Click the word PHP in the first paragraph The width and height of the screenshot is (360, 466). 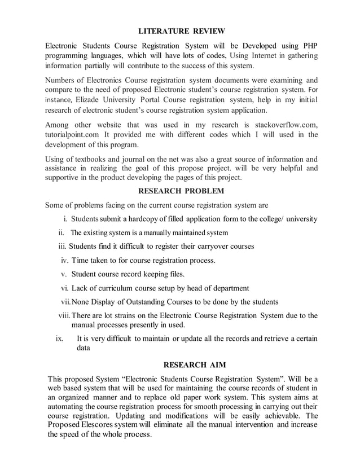pyautogui.click(x=309, y=45)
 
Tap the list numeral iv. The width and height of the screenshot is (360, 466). pyautogui.click(x=64, y=261)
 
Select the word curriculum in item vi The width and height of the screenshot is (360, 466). pyautogui.click(x=121, y=288)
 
